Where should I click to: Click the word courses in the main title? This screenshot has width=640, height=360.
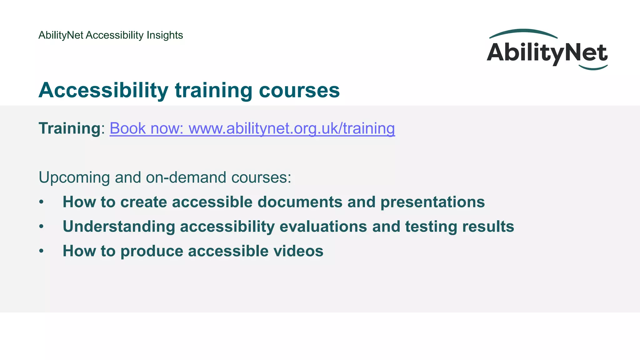(x=299, y=90)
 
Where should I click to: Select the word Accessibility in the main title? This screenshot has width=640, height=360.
(x=103, y=90)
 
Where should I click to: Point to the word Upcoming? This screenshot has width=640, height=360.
(x=74, y=178)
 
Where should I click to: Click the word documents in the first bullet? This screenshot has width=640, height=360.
(x=300, y=202)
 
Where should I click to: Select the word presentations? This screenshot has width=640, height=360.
(x=432, y=202)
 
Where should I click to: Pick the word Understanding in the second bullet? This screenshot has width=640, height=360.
(x=119, y=227)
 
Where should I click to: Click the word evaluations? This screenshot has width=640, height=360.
(x=323, y=227)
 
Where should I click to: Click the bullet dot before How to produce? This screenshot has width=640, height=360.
(x=41, y=251)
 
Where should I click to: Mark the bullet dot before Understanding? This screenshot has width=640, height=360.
(x=41, y=227)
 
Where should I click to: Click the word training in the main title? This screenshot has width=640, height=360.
(x=213, y=90)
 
